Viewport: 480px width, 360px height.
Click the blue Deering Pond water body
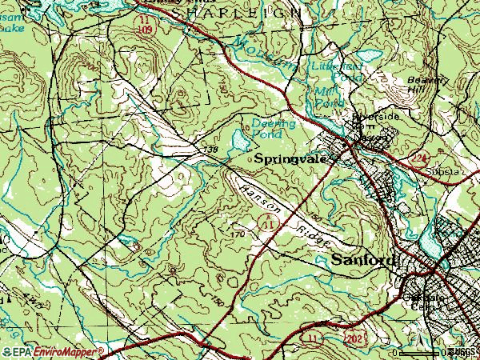point(239,142)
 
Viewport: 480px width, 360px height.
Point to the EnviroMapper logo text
point(67,351)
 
